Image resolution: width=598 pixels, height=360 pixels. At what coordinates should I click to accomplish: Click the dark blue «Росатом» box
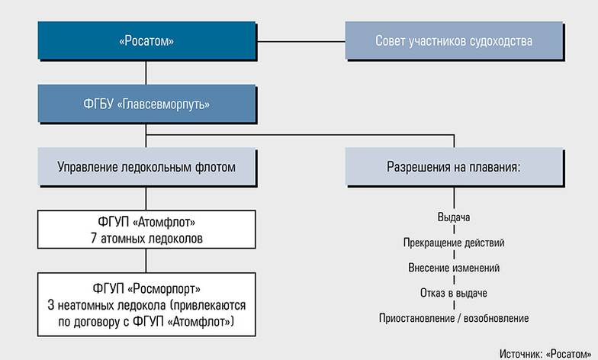click(x=146, y=40)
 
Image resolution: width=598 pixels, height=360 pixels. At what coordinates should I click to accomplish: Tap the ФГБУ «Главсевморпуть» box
click(x=146, y=104)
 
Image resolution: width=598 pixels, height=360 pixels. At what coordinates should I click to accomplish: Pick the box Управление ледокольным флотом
click(x=146, y=166)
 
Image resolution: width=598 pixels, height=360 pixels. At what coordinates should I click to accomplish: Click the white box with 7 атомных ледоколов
click(x=146, y=230)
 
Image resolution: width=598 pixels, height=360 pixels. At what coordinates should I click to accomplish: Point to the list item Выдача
click(x=454, y=217)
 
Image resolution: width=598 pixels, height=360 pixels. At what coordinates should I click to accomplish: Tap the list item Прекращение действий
click(x=454, y=243)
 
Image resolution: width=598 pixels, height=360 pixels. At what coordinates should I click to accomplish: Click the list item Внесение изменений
click(x=454, y=268)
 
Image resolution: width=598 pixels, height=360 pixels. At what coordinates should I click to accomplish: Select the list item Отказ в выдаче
click(x=454, y=293)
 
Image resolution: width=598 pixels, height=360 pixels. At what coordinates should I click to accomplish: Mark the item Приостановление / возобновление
click(x=454, y=318)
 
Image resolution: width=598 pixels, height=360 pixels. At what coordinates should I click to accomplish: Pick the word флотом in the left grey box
click(x=219, y=166)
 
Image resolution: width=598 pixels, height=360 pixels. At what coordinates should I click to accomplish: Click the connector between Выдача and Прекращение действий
click(x=454, y=230)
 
